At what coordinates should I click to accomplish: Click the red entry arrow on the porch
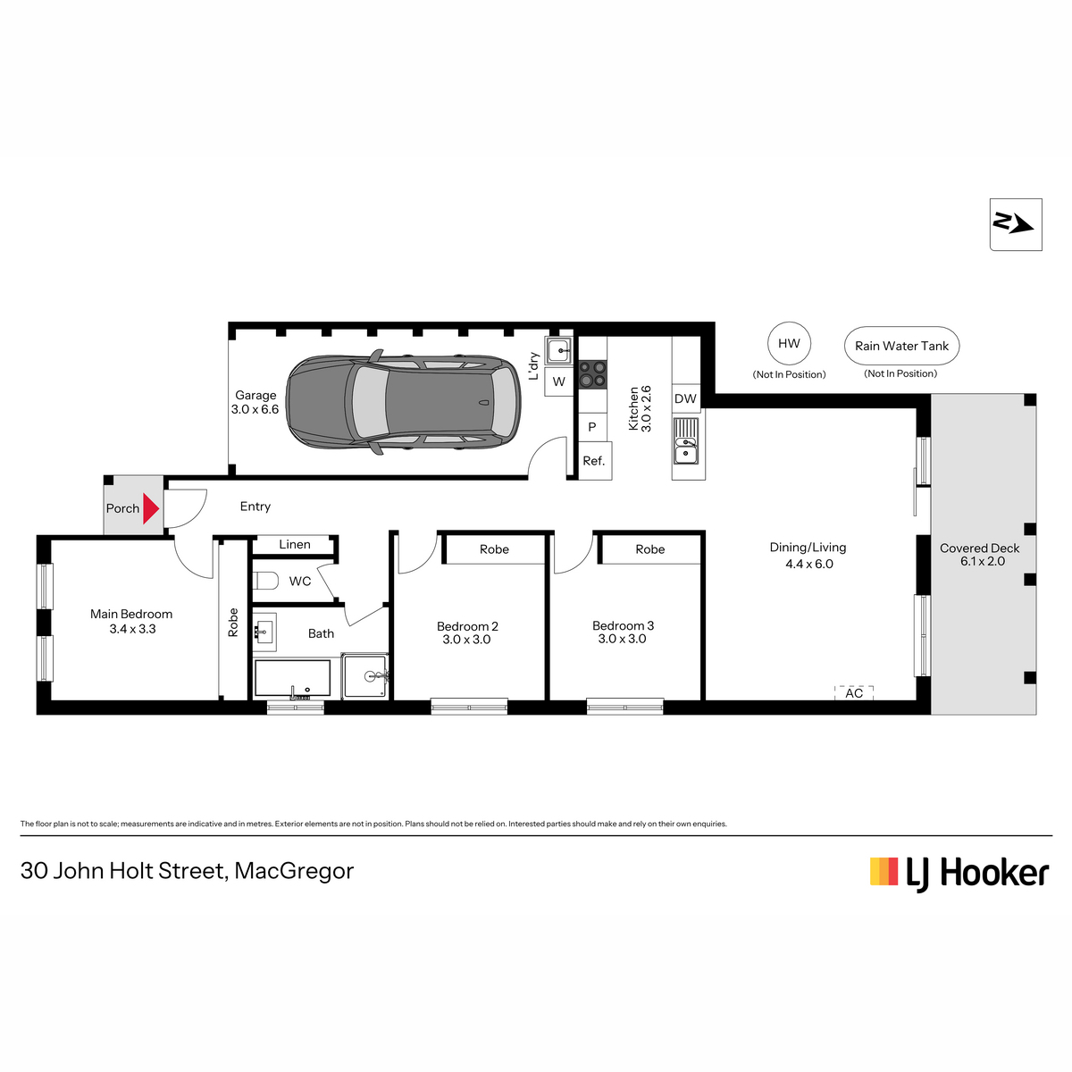[150, 508]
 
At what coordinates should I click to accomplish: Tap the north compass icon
[1015, 224]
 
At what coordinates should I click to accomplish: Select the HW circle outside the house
[789, 343]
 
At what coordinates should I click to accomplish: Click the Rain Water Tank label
[901, 346]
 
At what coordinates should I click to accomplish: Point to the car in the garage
[403, 402]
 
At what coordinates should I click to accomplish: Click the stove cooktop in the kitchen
[592, 373]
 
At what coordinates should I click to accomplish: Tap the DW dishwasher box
[685, 398]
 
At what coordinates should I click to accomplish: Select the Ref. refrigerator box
[595, 461]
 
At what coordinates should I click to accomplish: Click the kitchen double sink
[686, 440]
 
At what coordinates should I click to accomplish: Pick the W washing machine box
[558, 381]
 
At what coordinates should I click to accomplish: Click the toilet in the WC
[265, 581]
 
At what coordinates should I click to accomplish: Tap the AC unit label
[854, 692]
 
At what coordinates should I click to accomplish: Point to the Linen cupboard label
[294, 544]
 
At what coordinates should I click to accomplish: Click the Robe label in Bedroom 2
[494, 549]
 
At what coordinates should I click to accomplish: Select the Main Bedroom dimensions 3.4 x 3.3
[132, 629]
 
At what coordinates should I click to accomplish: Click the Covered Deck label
[979, 548]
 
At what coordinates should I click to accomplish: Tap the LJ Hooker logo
[959, 873]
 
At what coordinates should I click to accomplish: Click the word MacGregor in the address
[294, 871]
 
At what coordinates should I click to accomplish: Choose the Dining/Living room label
[808, 548]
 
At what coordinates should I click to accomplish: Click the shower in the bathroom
[365, 676]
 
